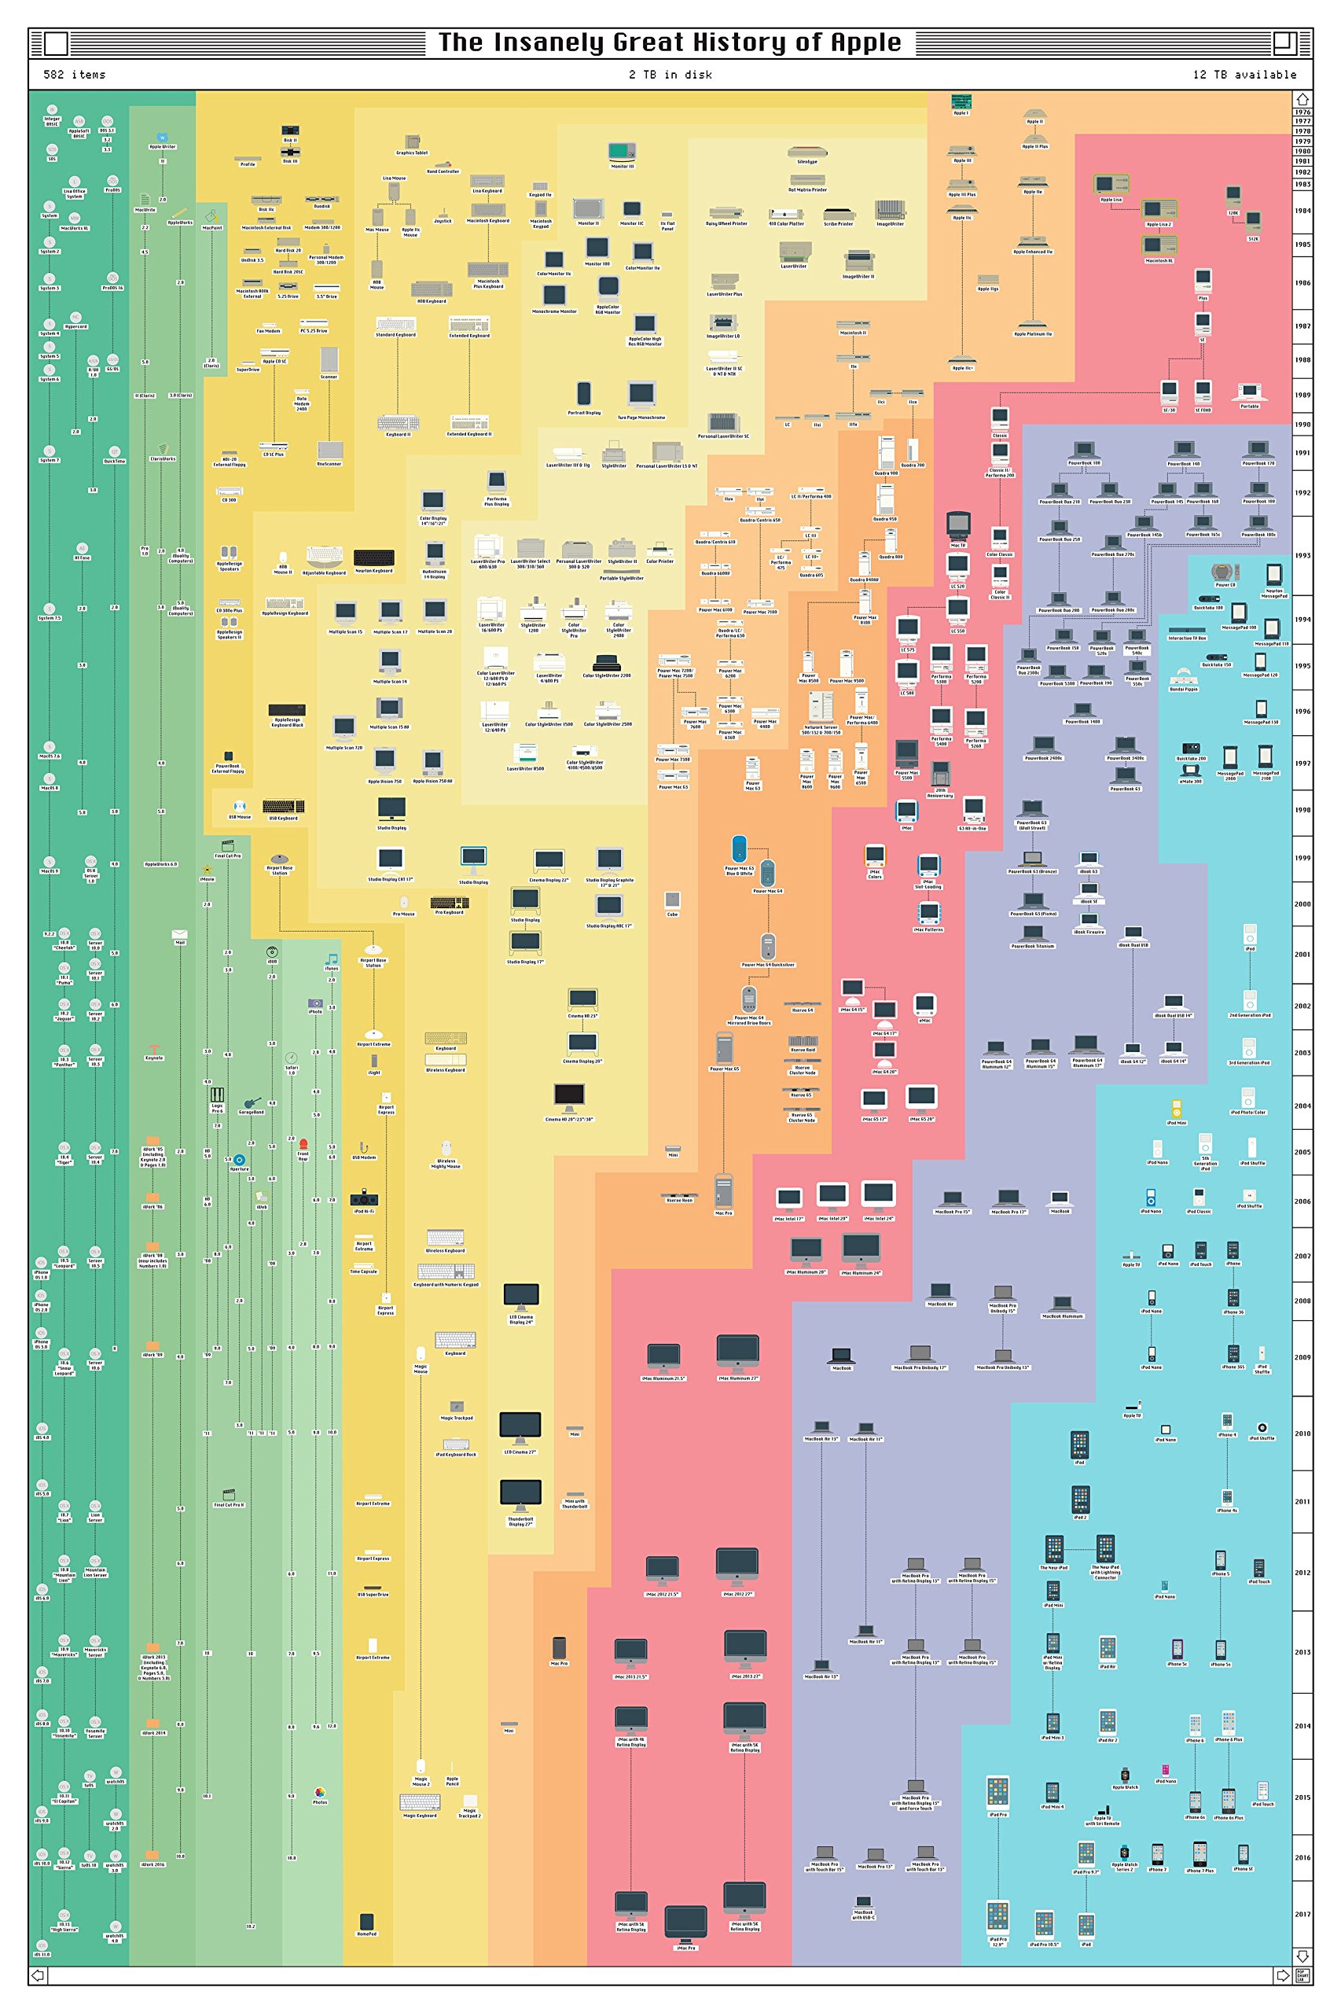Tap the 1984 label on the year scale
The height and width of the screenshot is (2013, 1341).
click(x=1302, y=211)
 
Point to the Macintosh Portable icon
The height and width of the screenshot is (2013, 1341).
click(x=1250, y=392)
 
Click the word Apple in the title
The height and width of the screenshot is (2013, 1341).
click(x=865, y=42)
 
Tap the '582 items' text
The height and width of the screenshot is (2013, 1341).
click(x=75, y=75)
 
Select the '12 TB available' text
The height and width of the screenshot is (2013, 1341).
click(x=1244, y=75)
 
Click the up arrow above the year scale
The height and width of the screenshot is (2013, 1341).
click(x=1302, y=99)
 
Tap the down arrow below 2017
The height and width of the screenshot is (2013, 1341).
click(x=1302, y=1956)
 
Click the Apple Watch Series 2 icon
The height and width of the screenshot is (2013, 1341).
click(x=1125, y=1852)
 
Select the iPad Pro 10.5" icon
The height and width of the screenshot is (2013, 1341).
click(x=1043, y=1924)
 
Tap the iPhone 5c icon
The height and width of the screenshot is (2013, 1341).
click(x=1177, y=1647)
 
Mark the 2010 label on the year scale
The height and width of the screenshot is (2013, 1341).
click(x=1302, y=1433)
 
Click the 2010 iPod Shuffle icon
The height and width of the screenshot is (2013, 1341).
click(x=1262, y=1428)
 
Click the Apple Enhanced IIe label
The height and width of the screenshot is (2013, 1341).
click(x=1033, y=252)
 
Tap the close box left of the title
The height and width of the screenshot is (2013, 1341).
click(x=56, y=42)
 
